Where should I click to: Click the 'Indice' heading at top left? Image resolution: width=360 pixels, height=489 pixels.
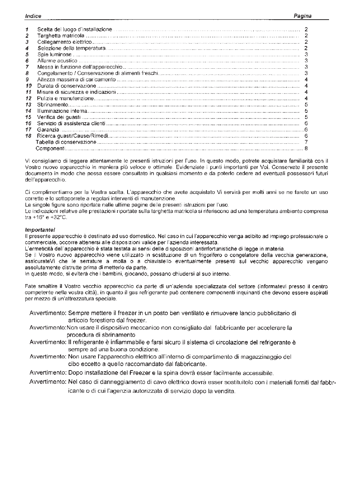point(33,16)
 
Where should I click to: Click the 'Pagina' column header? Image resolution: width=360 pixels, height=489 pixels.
point(303,16)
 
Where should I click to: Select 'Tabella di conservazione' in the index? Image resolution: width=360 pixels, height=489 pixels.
point(66,142)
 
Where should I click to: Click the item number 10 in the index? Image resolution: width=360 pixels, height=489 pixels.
point(28,86)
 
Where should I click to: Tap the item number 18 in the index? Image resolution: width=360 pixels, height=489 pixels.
point(28,136)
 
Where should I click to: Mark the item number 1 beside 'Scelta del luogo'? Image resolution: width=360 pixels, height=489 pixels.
point(27,29)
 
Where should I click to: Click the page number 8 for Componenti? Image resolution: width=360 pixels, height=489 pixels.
point(306,149)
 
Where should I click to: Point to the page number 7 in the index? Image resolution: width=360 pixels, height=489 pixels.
point(306,142)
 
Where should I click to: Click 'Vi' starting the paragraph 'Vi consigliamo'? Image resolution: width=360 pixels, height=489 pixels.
point(27,161)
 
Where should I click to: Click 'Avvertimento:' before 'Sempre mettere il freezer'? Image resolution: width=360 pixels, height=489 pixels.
point(48,313)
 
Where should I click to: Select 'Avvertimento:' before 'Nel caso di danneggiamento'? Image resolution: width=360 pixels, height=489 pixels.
point(48,382)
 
